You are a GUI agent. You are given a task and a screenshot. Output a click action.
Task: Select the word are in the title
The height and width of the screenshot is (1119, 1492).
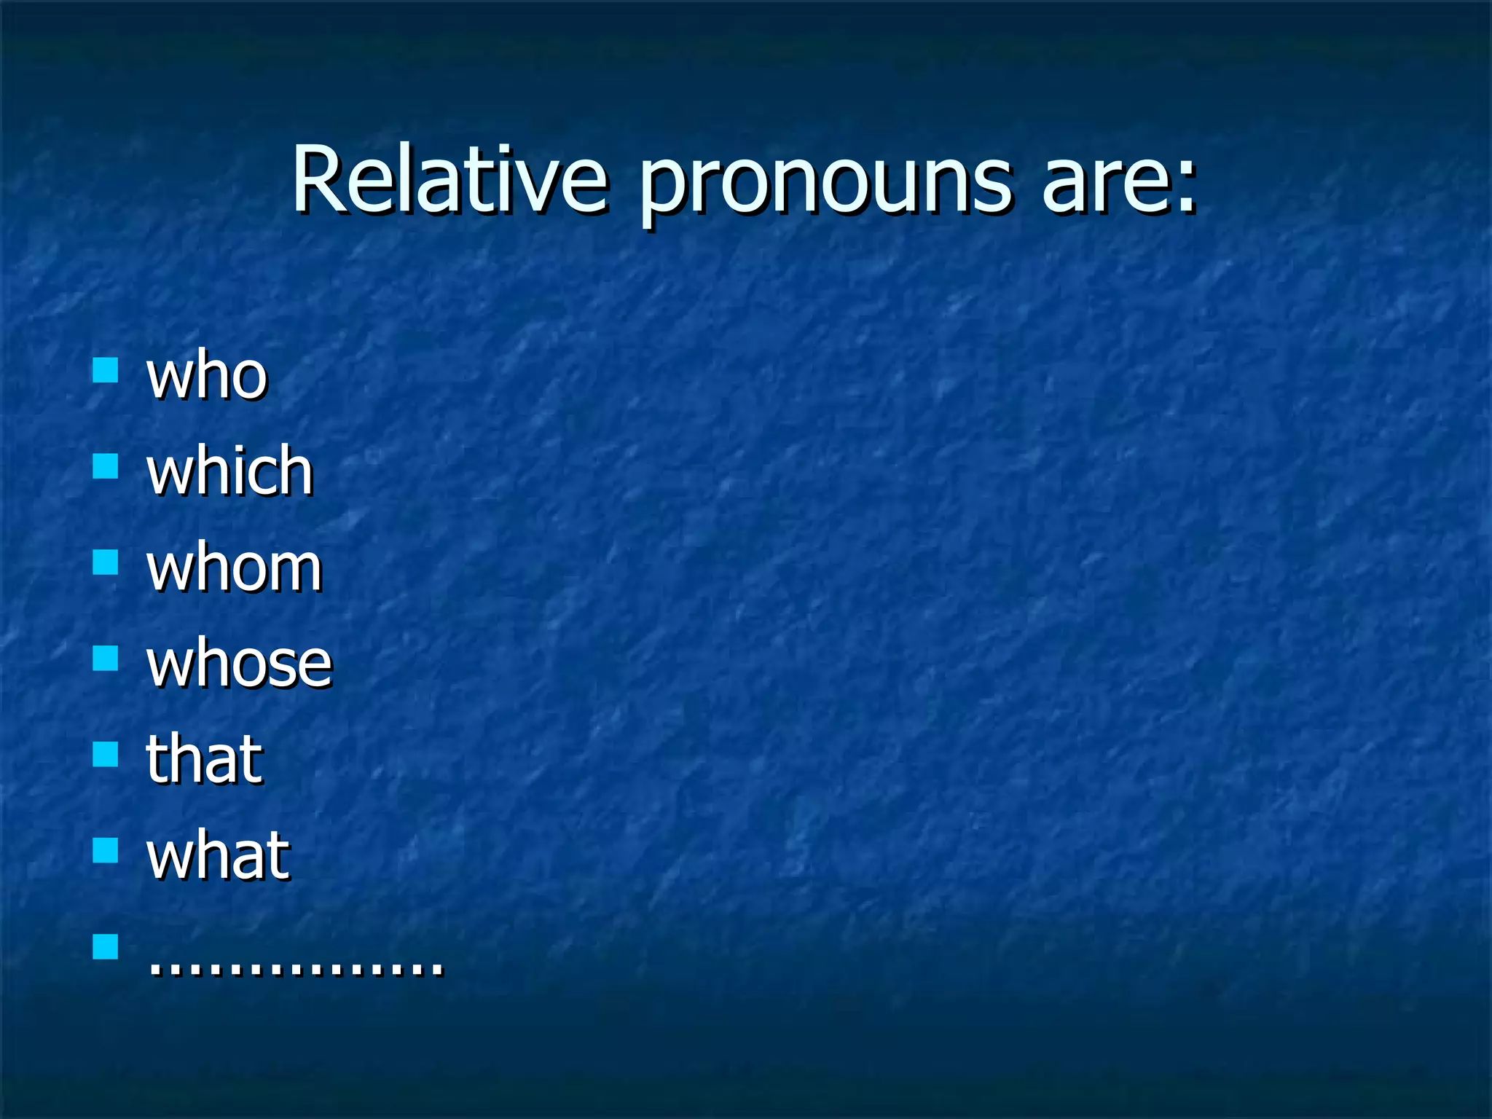pyautogui.click(x=1100, y=182)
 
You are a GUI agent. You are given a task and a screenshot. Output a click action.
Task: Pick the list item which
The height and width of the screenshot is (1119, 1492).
pyautogui.click(x=229, y=471)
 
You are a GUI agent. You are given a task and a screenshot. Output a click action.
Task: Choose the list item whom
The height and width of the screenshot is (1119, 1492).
pyautogui.click(x=234, y=568)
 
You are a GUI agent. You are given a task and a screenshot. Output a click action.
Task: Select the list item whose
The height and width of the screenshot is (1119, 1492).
pyautogui.click(x=239, y=664)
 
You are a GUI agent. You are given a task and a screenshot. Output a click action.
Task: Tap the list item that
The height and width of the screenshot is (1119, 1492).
pyautogui.click(x=204, y=759)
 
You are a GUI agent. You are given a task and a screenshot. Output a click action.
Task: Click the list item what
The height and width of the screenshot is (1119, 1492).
pyautogui.click(x=218, y=855)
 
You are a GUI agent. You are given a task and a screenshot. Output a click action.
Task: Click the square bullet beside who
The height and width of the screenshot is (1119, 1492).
pyautogui.click(x=106, y=370)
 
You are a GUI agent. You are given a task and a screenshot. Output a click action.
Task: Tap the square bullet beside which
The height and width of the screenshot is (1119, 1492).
pyautogui.click(x=106, y=466)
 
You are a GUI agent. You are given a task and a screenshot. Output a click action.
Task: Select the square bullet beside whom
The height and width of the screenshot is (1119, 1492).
pyautogui.click(x=106, y=562)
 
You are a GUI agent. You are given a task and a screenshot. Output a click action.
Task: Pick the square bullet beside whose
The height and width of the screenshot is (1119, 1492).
pyautogui.click(x=106, y=658)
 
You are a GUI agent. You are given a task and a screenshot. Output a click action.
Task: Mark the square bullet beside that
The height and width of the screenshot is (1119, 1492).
pyautogui.click(x=106, y=754)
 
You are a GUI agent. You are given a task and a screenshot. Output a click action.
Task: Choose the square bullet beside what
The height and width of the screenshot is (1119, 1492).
pyautogui.click(x=106, y=850)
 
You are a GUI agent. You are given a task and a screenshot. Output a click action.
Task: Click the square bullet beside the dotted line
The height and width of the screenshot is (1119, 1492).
pyautogui.click(x=106, y=946)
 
